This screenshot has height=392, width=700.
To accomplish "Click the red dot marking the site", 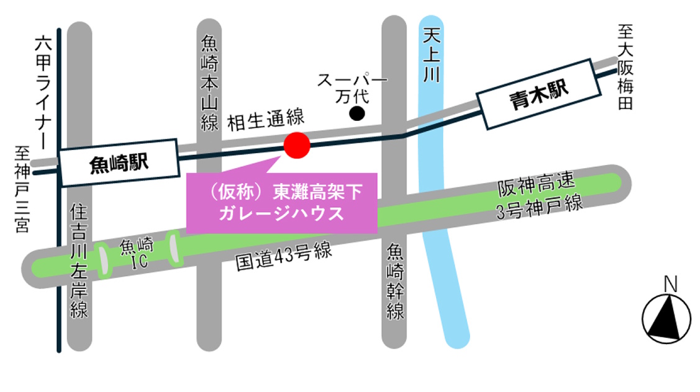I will (296, 145).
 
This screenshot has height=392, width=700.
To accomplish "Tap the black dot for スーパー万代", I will (357, 113).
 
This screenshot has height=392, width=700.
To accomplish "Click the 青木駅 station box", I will (539, 94).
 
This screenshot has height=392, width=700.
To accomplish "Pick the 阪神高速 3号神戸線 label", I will (539, 195).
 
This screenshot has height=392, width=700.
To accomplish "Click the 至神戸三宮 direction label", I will (22, 189).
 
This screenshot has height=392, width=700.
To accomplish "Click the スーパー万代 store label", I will (352, 88).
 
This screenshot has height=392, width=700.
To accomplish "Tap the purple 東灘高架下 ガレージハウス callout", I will (282, 203).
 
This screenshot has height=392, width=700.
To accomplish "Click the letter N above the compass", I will (670, 284).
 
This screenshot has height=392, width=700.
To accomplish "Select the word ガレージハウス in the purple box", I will (282, 215).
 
